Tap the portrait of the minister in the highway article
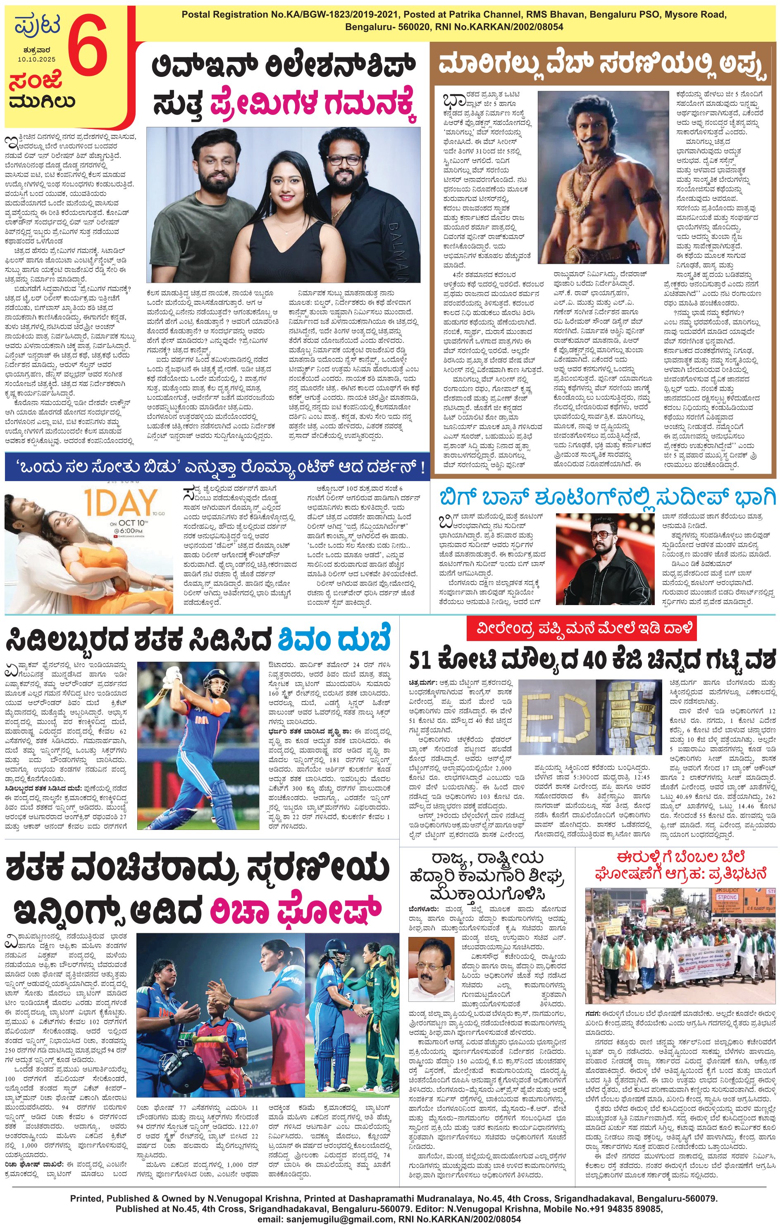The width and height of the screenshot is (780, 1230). point(433,968)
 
